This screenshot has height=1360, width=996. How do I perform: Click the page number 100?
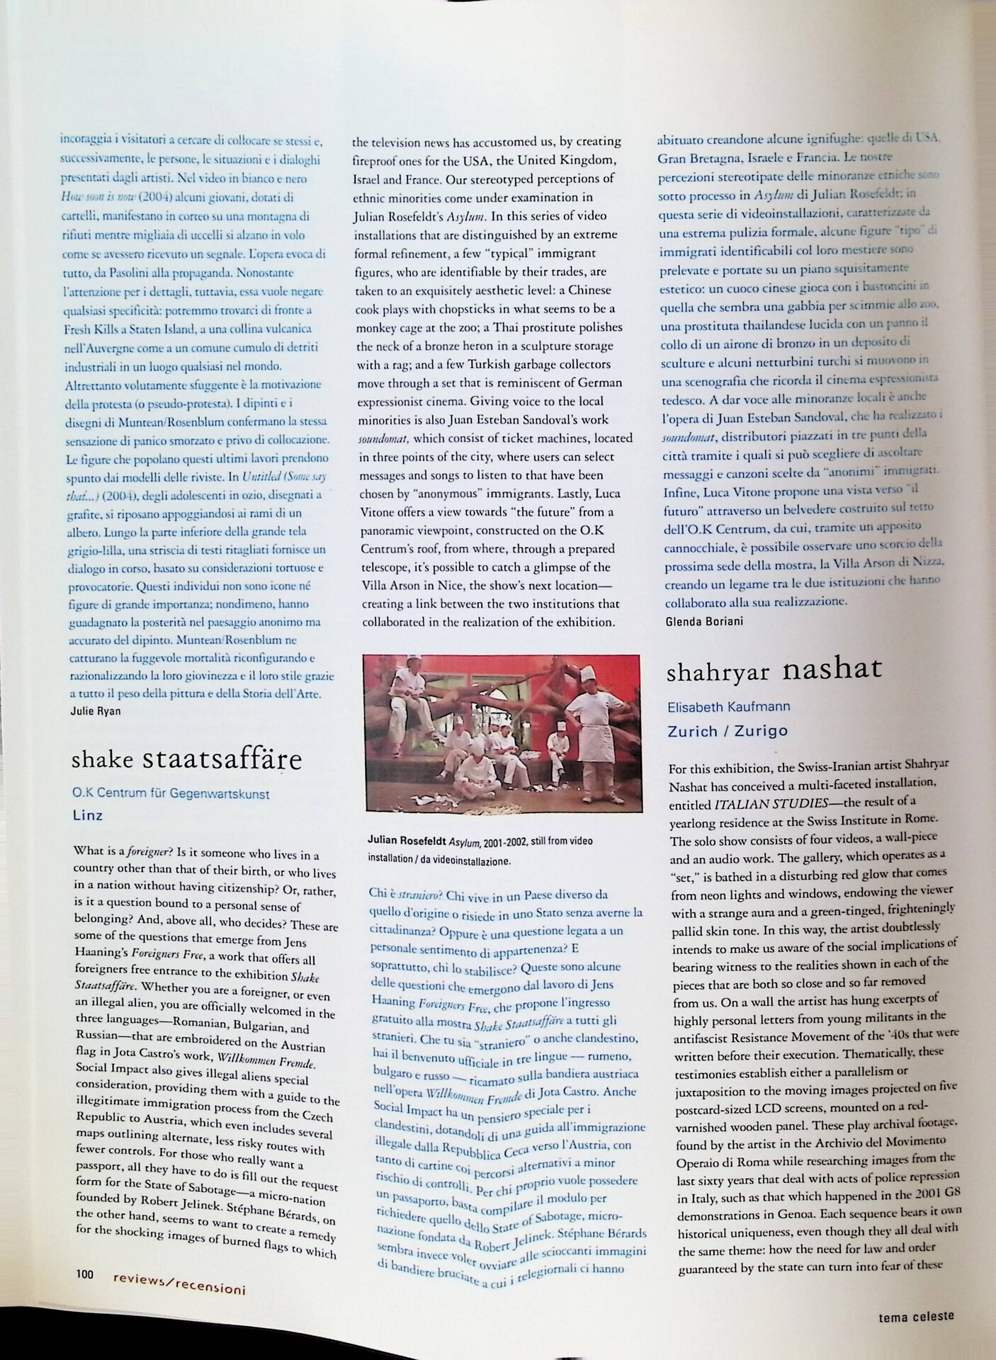(x=85, y=1273)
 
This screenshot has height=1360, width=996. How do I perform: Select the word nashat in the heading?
(x=832, y=669)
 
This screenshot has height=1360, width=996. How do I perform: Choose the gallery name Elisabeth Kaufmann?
(x=729, y=706)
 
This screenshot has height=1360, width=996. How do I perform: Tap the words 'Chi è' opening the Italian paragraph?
(x=382, y=895)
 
